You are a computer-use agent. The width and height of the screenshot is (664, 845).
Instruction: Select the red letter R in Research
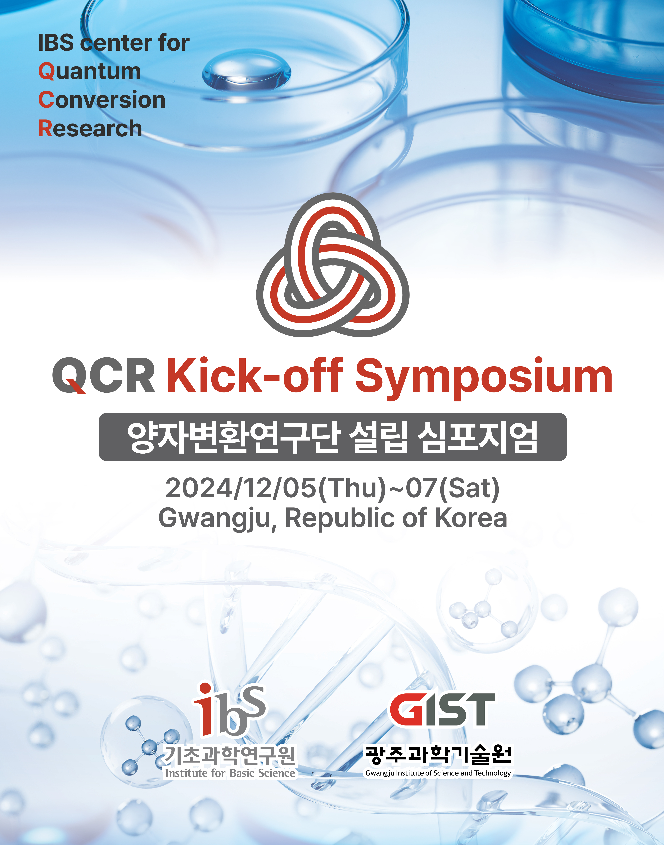[x=45, y=128]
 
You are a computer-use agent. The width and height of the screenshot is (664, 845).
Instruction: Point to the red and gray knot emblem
[x=333, y=265]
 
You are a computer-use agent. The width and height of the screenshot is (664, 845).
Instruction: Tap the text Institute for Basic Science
[x=230, y=773]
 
